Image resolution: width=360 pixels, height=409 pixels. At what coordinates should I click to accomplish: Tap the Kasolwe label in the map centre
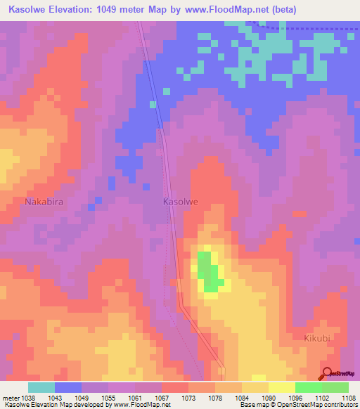(x=181, y=202)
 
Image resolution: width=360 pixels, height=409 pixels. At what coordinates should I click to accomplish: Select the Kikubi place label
(x=317, y=338)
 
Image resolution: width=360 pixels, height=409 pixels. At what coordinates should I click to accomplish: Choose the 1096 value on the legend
(x=295, y=398)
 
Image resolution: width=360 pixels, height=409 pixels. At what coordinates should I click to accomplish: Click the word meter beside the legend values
(x=8, y=398)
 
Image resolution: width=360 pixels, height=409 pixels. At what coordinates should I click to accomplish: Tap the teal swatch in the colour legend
(x=41, y=387)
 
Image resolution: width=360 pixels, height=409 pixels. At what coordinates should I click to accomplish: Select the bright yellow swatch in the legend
(x=281, y=387)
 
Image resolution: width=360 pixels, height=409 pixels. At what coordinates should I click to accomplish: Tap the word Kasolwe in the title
(x=30, y=10)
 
